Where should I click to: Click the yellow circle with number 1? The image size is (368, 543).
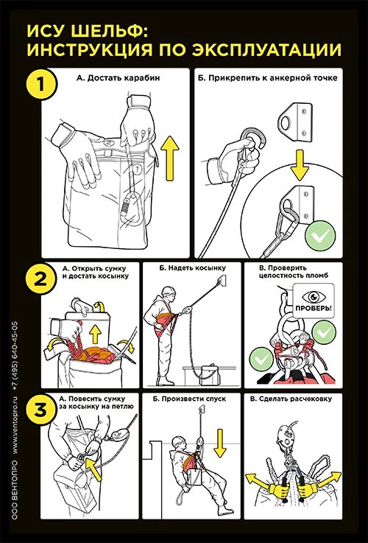40,84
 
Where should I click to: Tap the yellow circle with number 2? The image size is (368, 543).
40,278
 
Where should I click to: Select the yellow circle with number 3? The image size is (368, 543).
40,410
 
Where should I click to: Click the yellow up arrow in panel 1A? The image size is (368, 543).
170,158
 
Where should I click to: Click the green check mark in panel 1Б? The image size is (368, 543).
320,237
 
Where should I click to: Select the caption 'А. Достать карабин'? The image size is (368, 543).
118,77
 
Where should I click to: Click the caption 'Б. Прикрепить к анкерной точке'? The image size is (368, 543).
267,77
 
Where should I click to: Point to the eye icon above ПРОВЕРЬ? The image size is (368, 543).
314,296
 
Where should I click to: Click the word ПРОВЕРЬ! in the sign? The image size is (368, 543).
314,308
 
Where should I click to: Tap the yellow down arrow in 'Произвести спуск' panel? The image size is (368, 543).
220,443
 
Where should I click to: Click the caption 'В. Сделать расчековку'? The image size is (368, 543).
291,399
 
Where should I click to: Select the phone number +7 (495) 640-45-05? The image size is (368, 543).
15,357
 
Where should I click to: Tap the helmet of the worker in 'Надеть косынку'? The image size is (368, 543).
169,291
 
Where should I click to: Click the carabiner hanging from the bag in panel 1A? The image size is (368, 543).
132,208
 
